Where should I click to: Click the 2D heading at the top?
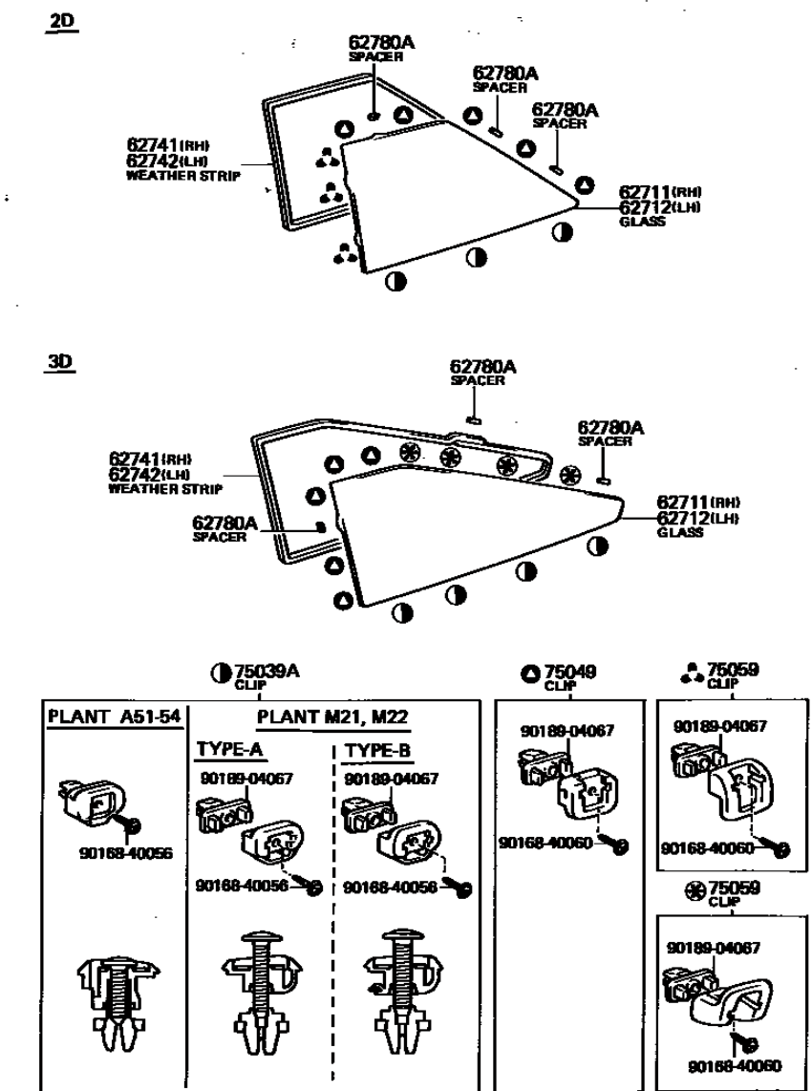66,22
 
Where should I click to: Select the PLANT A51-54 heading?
115,718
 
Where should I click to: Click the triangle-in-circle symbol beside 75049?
530,674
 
